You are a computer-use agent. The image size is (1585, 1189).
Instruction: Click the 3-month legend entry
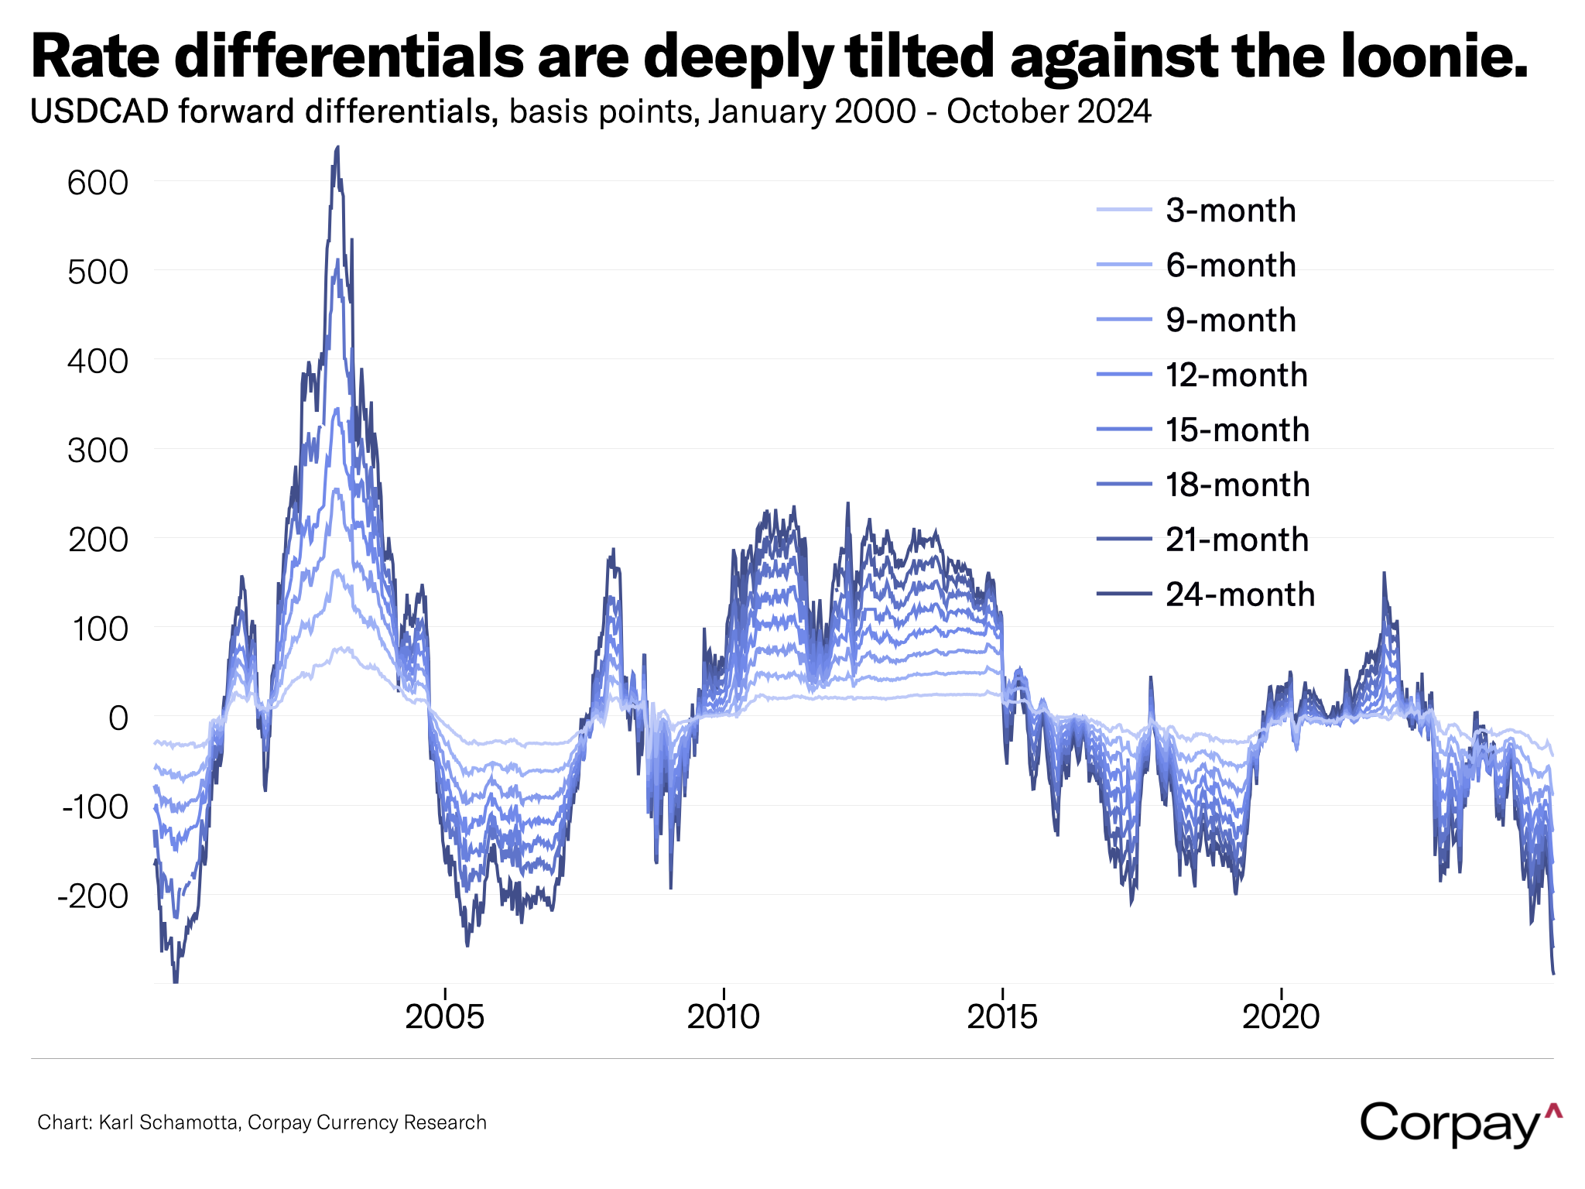tap(1230, 211)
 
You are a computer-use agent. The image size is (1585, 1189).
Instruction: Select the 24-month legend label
tap(1240, 594)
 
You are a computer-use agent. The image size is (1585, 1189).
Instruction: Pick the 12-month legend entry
tap(1236, 375)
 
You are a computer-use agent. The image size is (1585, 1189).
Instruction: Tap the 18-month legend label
tap(1238, 485)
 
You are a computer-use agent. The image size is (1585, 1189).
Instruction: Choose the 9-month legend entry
tap(1231, 320)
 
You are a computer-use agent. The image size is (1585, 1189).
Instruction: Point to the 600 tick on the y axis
tap(98, 183)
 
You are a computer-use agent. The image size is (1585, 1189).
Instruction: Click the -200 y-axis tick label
tap(93, 896)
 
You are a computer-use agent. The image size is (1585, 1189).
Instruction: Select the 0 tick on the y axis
tap(118, 718)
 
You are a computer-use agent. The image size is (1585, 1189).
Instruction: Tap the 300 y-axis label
tap(98, 451)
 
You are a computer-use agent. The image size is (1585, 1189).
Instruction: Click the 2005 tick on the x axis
tap(445, 1016)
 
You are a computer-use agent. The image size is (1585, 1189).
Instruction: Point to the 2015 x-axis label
tap(1002, 1016)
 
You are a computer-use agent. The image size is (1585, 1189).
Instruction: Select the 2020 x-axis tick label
tap(1281, 1016)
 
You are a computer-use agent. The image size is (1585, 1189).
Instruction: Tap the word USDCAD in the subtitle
tap(99, 112)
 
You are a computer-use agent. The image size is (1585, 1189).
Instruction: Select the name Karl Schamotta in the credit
tap(168, 1122)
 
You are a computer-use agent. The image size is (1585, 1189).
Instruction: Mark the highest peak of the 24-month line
tap(337, 147)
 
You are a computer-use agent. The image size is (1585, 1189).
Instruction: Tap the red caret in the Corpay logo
tap(1552, 1112)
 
